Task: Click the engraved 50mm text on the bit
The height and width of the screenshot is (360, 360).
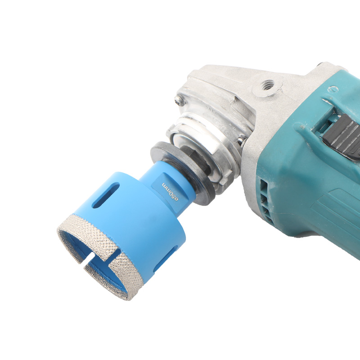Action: click(x=170, y=192)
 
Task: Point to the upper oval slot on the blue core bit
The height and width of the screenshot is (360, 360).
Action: click(x=106, y=195)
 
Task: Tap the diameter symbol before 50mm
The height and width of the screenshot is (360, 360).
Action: click(x=176, y=199)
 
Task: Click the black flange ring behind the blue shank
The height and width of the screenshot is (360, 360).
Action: click(x=184, y=173)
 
